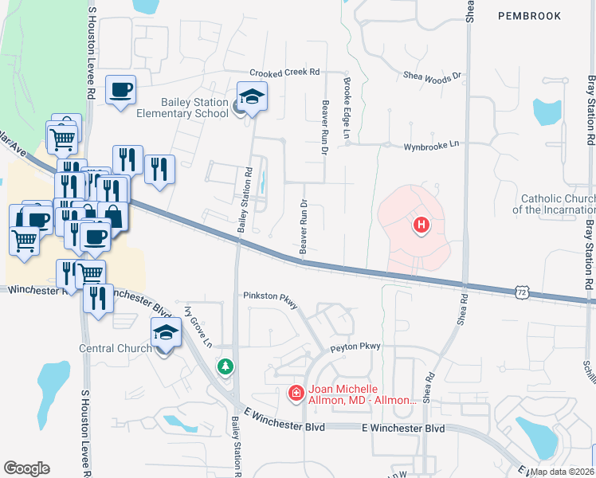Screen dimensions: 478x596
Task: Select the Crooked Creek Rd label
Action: pyautogui.click(x=284, y=72)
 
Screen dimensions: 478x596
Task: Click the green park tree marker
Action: pyautogui.click(x=226, y=366)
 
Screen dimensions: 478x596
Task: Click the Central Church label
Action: pyautogui.click(x=116, y=348)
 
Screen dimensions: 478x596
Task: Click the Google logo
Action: pyautogui.click(x=26, y=468)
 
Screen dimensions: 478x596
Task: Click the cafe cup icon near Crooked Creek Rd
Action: pyautogui.click(x=120, y=90)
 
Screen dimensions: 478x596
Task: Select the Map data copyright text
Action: pyautogui.click(x=563, y=472)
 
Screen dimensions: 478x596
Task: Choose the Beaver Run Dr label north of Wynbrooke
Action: pyautogui.click(x=324, y=117)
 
